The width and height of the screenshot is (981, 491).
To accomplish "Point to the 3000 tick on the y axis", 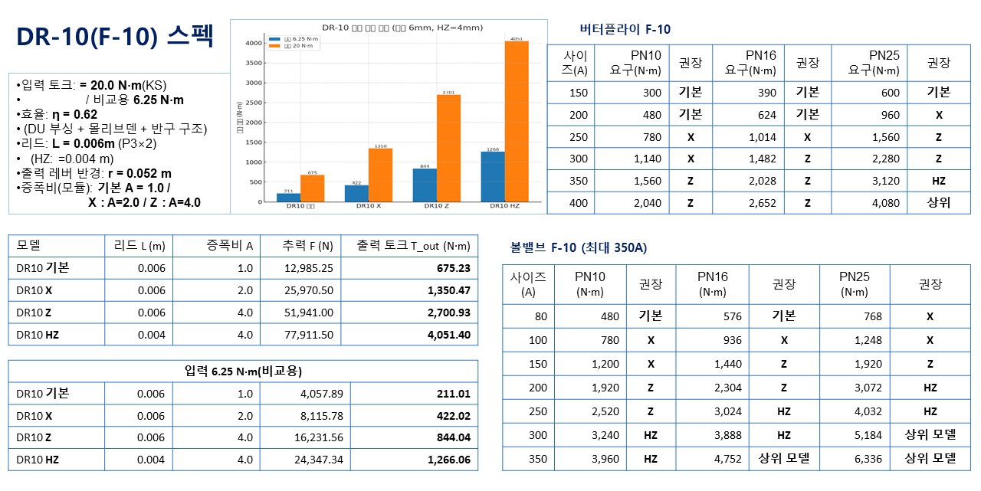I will pyautogui.click(x=254, y=83).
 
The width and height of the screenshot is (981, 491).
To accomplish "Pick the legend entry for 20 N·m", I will pyautogui.click(x=294, y=46).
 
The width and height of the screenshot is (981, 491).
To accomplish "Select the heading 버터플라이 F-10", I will pyautogui.click(x=625, y=30).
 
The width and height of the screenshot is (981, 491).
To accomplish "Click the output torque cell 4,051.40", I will pyautogui.click(x=449, y=334).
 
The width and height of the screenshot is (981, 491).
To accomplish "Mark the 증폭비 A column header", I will pyautogui.click(x=230, y=246).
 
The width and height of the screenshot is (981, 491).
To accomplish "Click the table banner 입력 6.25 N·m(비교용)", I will pyautogui.click(x=243, y=371).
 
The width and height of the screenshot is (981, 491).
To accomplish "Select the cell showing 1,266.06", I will pyautogui.click(x=449, y=460).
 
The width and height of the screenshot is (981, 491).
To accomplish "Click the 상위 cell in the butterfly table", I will pyautogui.click(x=939, y=203).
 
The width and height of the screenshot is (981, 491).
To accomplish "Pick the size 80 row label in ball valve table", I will pyautogui.click(x=538, y=316).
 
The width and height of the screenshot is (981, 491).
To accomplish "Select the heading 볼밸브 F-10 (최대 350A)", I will pyautogui.click(x=579, y=247).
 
